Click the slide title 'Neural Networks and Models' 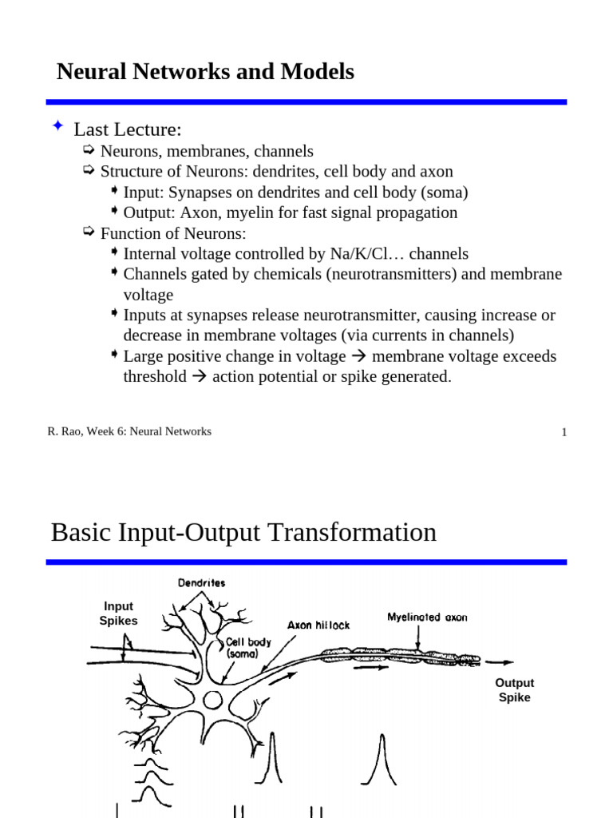click(205, 72)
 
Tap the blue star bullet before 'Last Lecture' click(57, 126)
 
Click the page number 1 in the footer click(564, 432)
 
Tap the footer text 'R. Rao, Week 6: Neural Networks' click(129, 431)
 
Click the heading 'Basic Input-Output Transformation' click(243, 532)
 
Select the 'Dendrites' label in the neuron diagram click(201, 583)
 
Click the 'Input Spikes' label click(118, 613)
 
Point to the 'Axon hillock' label click(318, 625)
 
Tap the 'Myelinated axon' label click(427, 617)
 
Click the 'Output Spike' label click(514, 690)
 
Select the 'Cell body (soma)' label click(248, 647)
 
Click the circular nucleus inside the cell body click(212, 701)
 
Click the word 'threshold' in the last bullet click(154, 376)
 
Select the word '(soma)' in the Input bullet click(443, 192)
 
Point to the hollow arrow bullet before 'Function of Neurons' click(89, 232)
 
